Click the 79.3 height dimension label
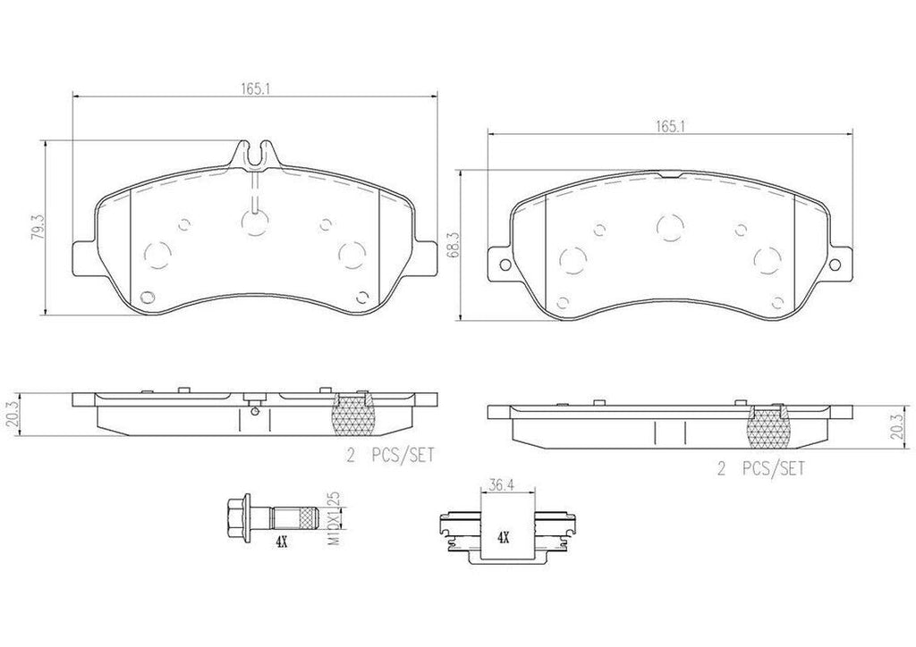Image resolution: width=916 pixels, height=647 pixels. coord(37,225)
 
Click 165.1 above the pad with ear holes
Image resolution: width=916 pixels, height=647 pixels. coord(668,127)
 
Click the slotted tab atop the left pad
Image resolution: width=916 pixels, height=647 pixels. coord(256,153)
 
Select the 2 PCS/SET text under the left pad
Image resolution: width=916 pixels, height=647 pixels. coord(389,455)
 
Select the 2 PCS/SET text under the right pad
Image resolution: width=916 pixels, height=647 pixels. coord(761,468)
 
